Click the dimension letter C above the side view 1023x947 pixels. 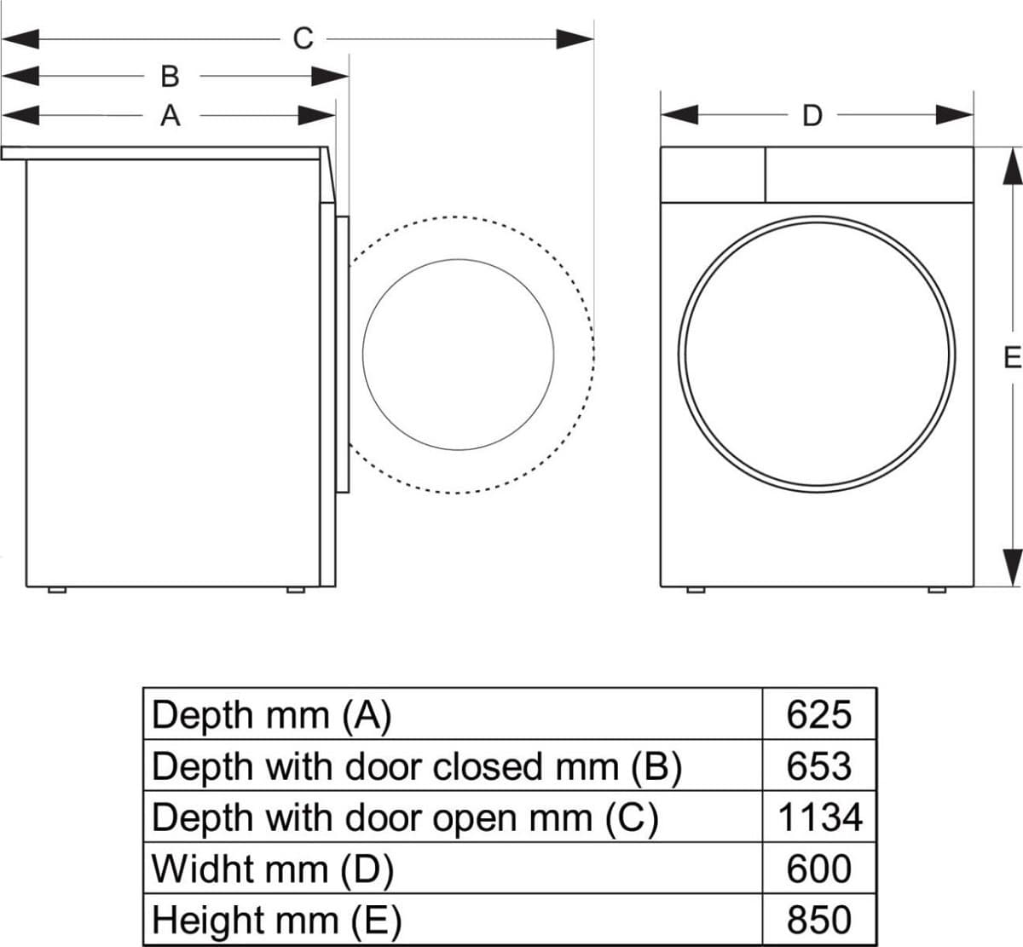(x=303, y=38)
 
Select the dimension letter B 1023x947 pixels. (x=170, y=77)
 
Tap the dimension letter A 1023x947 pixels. (x=170, y=115)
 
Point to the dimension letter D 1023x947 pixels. (x=812, y=115)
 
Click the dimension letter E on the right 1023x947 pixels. (x=1011, y=357)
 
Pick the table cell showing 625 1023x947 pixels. (x=818, y=714)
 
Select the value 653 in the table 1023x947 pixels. (x=818, y=765)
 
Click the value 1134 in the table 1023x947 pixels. (x=819, y=817)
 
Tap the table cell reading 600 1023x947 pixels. (x=818, y=869)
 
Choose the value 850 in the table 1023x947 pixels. (x=818, y=920)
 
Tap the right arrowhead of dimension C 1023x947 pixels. (x=575, y=38)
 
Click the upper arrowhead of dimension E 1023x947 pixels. (x=1011, y=166)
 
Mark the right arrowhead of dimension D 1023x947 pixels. (x=955, y=115)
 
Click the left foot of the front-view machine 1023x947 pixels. (x=696, y=590)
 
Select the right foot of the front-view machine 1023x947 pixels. (x=936, y=590)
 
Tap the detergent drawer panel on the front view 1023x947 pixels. (x=712, y=175)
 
